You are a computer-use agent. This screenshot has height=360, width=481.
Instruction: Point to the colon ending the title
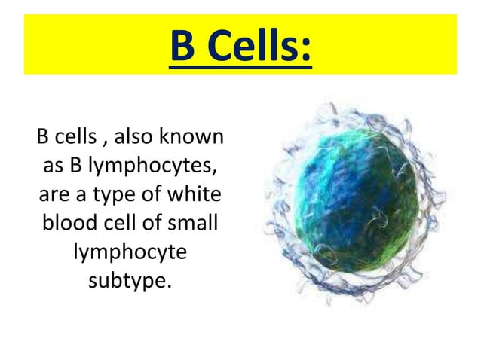305,49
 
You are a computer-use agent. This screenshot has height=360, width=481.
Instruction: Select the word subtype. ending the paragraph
130,282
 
